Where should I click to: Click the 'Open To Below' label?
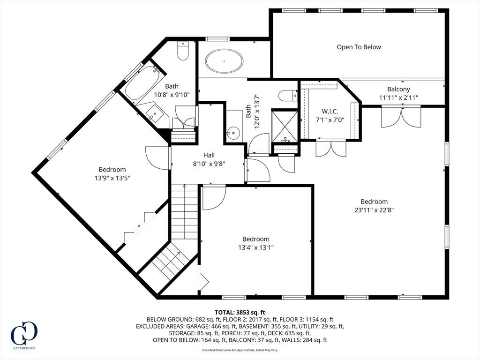click(359, 47)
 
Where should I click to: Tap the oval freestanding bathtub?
click(225, 61)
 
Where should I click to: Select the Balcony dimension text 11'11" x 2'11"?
click(398, 97)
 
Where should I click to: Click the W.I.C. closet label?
click(330, 111)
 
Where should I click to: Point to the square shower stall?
click(285, 126)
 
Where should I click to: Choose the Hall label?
click(209, 155)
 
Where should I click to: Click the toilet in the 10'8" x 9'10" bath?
click(182, 50)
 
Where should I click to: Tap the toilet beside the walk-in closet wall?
click(288, 95)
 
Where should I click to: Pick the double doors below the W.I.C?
click(331, 148)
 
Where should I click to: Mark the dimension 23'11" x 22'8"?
click(374, 210)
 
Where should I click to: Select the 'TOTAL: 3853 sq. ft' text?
click(240, 312)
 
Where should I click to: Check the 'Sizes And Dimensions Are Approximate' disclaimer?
click(240, 350)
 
